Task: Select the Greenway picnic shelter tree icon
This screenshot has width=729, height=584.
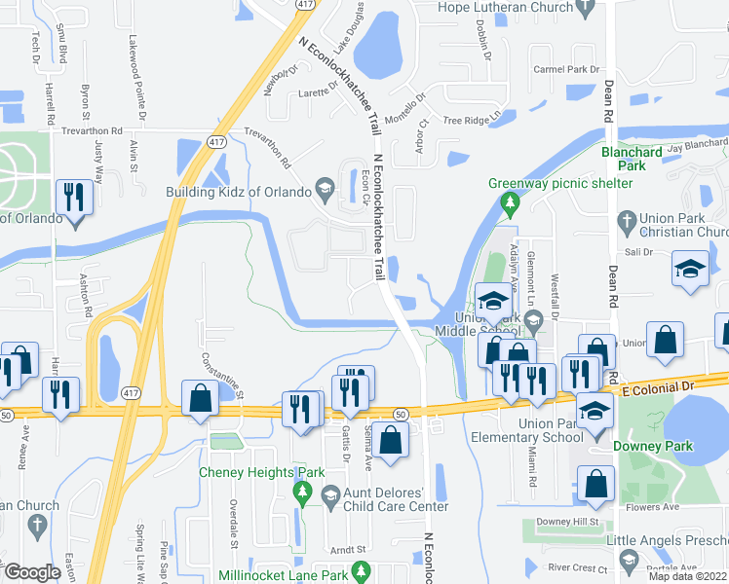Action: coord(508,202)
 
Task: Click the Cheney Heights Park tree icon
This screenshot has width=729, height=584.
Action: coord(302,493)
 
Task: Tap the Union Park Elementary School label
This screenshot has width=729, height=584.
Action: coord(551,430)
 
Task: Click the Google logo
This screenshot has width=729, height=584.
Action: coord(32,572)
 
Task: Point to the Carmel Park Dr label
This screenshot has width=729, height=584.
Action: coord(567,70)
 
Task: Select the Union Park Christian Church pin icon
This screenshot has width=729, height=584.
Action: coord(627,220)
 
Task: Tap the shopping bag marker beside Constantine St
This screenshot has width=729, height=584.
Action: coord(200,398)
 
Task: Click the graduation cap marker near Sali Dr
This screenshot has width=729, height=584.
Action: coord(690,270)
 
